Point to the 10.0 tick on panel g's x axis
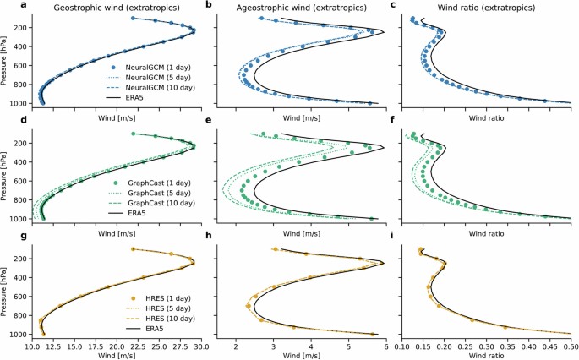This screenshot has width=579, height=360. click(33, 346)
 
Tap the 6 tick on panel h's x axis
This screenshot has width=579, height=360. click(386, 346)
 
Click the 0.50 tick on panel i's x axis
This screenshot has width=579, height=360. click(571, 346)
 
